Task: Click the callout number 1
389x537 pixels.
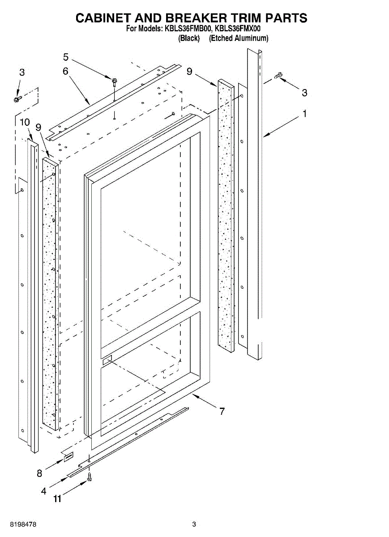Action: (x=304, y=114)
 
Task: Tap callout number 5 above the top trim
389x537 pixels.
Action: (x=66, y=57)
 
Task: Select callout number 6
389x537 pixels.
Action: (x=65, y=71)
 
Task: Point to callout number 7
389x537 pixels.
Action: (x=222, y=411)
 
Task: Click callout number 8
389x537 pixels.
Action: (x=39, y=473)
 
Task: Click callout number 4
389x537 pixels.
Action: (x=43, y=490)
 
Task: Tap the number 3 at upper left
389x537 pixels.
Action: (x=22, y=72)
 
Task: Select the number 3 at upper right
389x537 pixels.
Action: (x=304, y=93)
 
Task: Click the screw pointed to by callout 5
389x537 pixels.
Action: (x=115, y=82)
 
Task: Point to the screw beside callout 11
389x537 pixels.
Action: (x=90, y=477)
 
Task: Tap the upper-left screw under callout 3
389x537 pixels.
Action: (x=17, y=98)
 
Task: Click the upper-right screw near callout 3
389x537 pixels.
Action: (x=278, y=76)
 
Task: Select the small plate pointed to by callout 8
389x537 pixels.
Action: (x=68, y=457)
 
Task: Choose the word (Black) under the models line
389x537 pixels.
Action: (x=188, y=38)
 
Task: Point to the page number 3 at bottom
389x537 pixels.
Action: (x=194, y=524)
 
